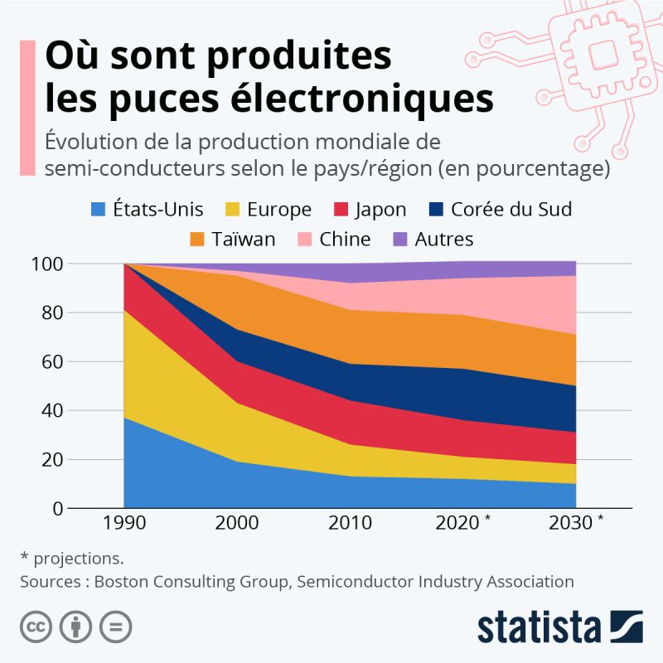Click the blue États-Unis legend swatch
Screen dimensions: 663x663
(x=98, y=210)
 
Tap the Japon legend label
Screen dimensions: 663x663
(x=380, y=210)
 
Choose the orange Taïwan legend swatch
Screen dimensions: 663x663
(x=197, y=240)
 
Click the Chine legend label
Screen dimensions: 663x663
(x=343, y=240)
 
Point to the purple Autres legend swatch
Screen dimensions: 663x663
(x=400, y=240)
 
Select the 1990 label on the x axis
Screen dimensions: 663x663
(x=123, y=523)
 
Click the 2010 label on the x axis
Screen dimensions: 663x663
(x=350, y=523)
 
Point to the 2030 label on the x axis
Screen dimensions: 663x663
(x=570, y=523)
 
